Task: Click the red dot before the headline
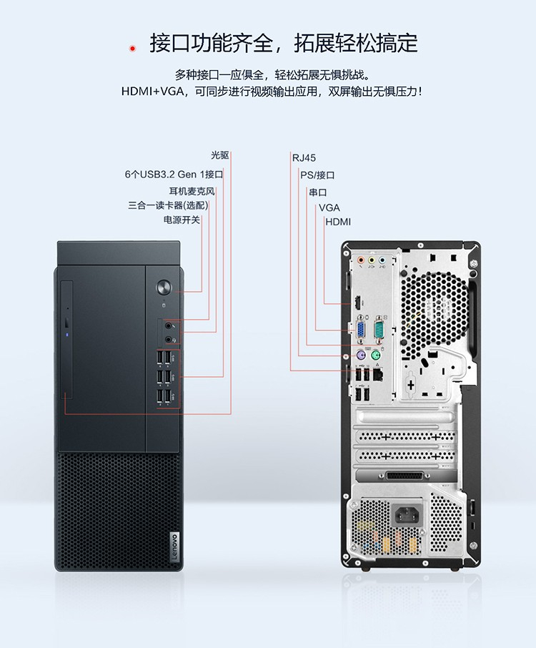point(132,49)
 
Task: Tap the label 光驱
point(219,155)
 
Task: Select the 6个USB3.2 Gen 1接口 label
point(174,175)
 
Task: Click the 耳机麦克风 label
point(192,191)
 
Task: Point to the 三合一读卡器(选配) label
point(168,205)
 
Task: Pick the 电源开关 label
point(182,220)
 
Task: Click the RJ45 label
point(304,158)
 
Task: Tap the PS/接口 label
point(317,175)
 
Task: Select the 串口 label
point(318,192)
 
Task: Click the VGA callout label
point(329,207)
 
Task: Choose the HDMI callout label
point(338,222)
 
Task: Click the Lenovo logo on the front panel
point(174,546)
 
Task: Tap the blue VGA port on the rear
point(360,330)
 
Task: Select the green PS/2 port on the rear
point(375,355)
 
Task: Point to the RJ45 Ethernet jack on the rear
point(377,375)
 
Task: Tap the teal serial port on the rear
point(379,330)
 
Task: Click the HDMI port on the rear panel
point(356,303)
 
